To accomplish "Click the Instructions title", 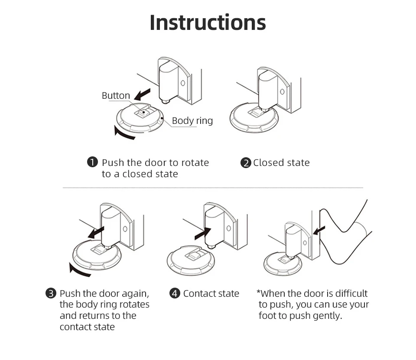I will click(208, 23).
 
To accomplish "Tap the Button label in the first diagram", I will click(116, 96).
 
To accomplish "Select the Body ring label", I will click(192, 120).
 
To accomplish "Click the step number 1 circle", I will click(92, 163).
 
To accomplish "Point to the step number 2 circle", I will click(246, 163).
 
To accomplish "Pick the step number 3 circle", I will click(51, 294).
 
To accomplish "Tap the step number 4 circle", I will click(174, 294).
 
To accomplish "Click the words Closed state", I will click(281, 163).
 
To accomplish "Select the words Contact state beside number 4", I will click(211, 294).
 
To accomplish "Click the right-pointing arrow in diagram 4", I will click(203, 234).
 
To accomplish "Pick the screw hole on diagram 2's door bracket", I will click(282, 91).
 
